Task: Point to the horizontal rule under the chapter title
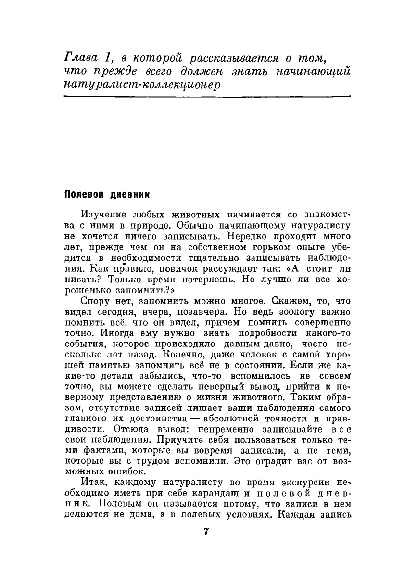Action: tap(207, 97)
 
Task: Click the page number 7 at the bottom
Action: tap(205, 532)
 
